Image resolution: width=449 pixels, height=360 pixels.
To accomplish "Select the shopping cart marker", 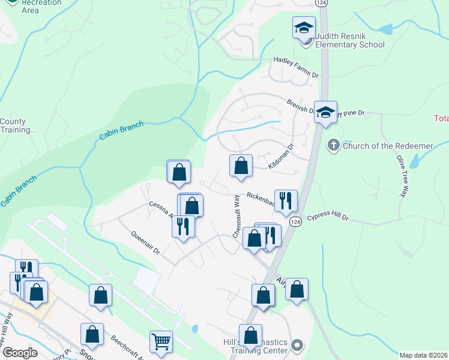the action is [x=161, y=342].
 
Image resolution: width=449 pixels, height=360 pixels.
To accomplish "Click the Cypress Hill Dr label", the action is [x=328, y=217].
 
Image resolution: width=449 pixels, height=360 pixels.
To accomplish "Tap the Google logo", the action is [x=19, y=353].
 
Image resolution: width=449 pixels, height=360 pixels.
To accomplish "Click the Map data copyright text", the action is [x=423, y=355].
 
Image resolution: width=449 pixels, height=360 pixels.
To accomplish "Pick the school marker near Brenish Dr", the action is [x=325, y=112].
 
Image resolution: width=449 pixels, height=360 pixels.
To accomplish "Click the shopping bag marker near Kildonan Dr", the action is [x=241, y=166].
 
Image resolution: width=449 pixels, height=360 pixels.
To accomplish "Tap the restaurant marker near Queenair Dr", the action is [x=182, y=227].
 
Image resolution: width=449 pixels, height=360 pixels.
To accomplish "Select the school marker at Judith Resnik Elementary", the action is [x=304, y=28].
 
